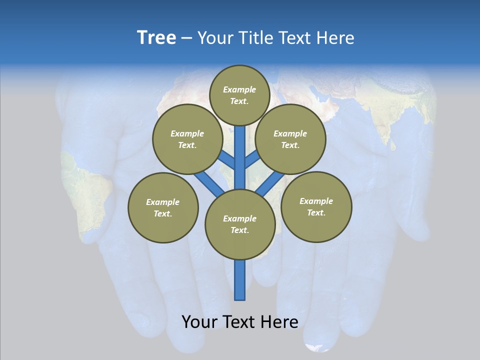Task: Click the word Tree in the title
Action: [x=156, y=37]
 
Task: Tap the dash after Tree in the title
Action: [x=186, y=38]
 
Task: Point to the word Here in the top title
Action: [x=335, y=38]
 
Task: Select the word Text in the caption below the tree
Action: [x=240, y=321]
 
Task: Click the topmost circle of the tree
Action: [x=239, y=95]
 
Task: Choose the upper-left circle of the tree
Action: [x=187, y=139]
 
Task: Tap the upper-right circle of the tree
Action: [x=290, y=139]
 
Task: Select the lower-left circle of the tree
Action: [x=163, y=207]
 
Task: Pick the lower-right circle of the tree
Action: [x=316, y=206]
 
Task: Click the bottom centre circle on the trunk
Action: [x=240, y=224]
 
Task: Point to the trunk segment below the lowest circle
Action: [x=240, y=280]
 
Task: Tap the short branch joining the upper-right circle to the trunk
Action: [x=252, y=160]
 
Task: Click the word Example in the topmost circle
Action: [x=239, y=89]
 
